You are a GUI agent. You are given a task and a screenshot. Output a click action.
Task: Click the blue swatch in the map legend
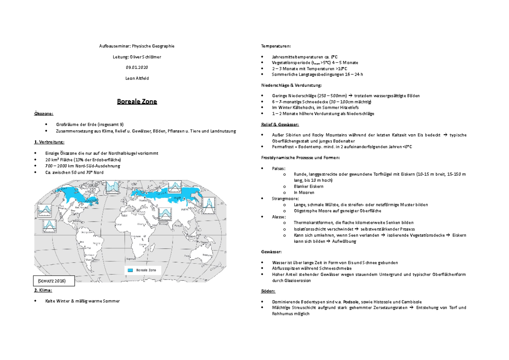click(131, 270)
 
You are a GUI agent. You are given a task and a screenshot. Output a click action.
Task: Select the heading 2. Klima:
click(43, 290)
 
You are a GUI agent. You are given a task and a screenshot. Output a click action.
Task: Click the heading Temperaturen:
click(276, 46)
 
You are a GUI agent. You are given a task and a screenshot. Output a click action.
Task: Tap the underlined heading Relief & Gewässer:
click(280, 124)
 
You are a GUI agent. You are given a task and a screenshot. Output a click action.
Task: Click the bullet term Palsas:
click(279, 169)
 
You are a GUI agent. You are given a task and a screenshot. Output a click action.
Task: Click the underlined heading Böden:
click(268, 291)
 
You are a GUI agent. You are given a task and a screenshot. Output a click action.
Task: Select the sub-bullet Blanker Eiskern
click(308, 186)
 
